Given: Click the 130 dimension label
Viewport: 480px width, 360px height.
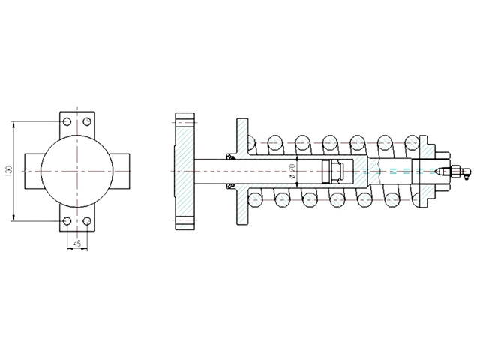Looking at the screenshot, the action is [x=8, y=171].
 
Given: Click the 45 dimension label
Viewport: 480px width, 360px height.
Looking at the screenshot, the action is [x=77, y=244].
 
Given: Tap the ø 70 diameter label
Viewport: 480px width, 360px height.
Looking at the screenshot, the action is [x=292, y=172].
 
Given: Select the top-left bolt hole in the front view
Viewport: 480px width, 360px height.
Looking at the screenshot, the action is [x=67, y=121].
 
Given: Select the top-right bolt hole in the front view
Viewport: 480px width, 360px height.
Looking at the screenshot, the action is [x=87, y=121].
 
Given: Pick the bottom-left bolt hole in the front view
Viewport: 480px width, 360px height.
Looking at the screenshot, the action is [x=67, y=220].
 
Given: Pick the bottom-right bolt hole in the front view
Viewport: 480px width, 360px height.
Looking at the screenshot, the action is [x=87, y=220].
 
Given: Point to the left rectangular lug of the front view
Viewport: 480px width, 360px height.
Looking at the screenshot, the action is [x=33, y=172].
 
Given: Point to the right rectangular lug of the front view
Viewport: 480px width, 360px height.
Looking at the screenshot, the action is [x=121, y=172].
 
